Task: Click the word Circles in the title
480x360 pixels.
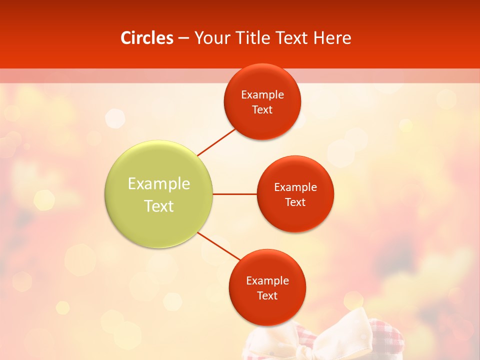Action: click(147, 38)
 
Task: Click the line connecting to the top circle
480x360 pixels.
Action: click(216, 142)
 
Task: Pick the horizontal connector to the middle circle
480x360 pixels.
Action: click(234, 194)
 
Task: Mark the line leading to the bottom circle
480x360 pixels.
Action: click(218, 246)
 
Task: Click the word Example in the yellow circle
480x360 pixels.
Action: click(159, 183)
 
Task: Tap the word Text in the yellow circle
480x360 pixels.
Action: click(159, 206)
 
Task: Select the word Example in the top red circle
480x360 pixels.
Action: click(262, 94)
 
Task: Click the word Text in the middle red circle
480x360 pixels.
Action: click(295, 202)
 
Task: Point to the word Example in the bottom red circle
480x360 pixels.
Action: click(267, 280)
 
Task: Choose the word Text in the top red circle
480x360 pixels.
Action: click(262, 109)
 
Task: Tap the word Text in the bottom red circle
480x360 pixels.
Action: click(267, 295)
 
